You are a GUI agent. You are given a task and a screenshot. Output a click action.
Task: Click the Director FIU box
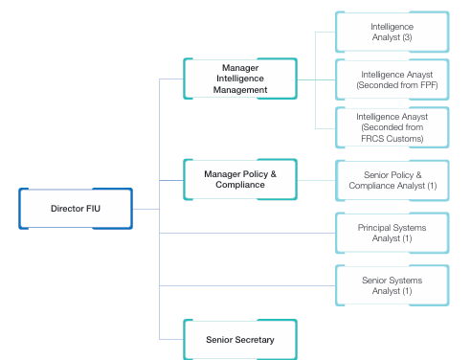76,208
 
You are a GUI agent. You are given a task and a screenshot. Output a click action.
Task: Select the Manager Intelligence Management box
240,79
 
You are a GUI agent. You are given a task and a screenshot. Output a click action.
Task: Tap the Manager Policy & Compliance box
240,179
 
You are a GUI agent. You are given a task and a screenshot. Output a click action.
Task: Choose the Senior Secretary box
240,339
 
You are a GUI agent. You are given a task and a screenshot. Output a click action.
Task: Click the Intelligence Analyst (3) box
391,32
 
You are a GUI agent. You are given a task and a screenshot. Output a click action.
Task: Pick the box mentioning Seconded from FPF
391,79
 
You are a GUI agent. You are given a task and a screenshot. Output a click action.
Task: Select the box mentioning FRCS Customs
391,127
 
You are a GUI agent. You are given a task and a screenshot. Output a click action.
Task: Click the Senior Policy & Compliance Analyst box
391,180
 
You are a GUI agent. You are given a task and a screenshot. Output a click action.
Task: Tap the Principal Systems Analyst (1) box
391,233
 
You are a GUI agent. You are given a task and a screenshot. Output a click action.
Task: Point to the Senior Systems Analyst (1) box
391,285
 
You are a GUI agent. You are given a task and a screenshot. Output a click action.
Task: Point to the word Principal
377,227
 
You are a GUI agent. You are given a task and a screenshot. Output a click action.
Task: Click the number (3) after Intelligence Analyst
406,37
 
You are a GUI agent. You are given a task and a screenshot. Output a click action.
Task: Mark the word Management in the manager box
240,90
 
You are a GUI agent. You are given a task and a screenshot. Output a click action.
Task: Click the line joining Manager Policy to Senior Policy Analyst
316,180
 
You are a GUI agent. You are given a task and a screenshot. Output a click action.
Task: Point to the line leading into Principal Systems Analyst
249,233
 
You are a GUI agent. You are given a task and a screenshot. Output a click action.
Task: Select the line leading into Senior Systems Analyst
249,285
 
